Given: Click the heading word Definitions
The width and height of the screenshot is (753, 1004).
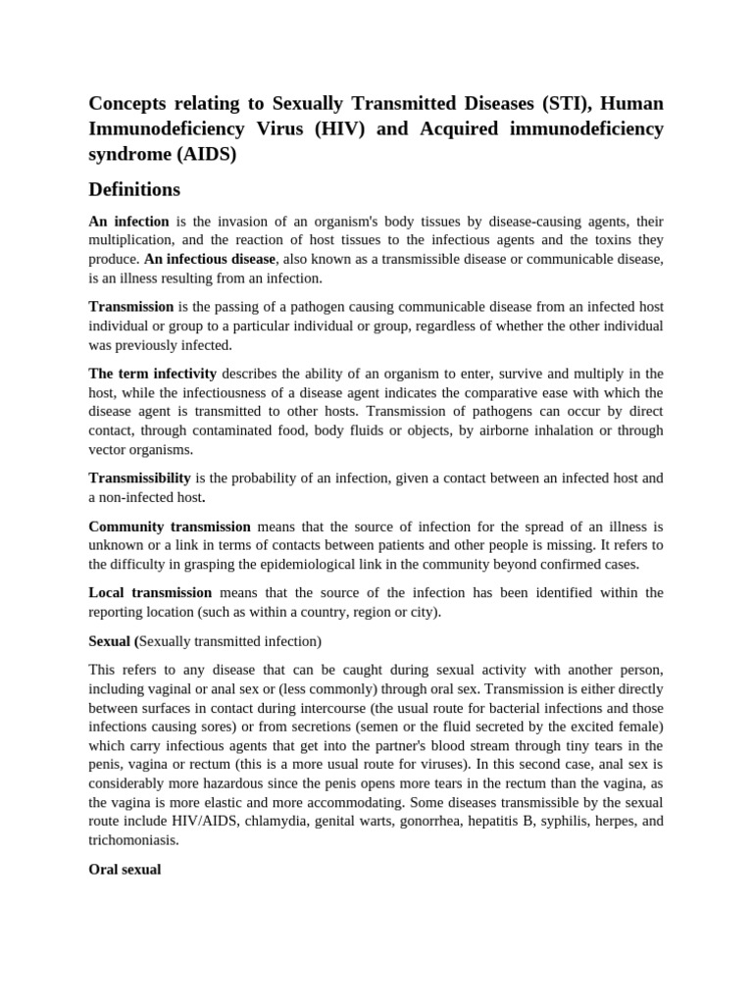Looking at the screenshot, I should [x=134, y=188].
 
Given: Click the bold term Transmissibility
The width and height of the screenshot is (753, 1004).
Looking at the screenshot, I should [x=139, y=477].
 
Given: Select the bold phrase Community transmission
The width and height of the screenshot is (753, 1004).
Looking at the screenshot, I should [x=170, y=527].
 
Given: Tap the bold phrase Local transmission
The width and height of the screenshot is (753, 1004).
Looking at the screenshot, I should [x=150, y=592].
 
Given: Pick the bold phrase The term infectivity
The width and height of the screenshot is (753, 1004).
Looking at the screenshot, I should [x=152, y=374].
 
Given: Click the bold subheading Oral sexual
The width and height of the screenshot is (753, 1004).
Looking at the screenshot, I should [x=125, y=869].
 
